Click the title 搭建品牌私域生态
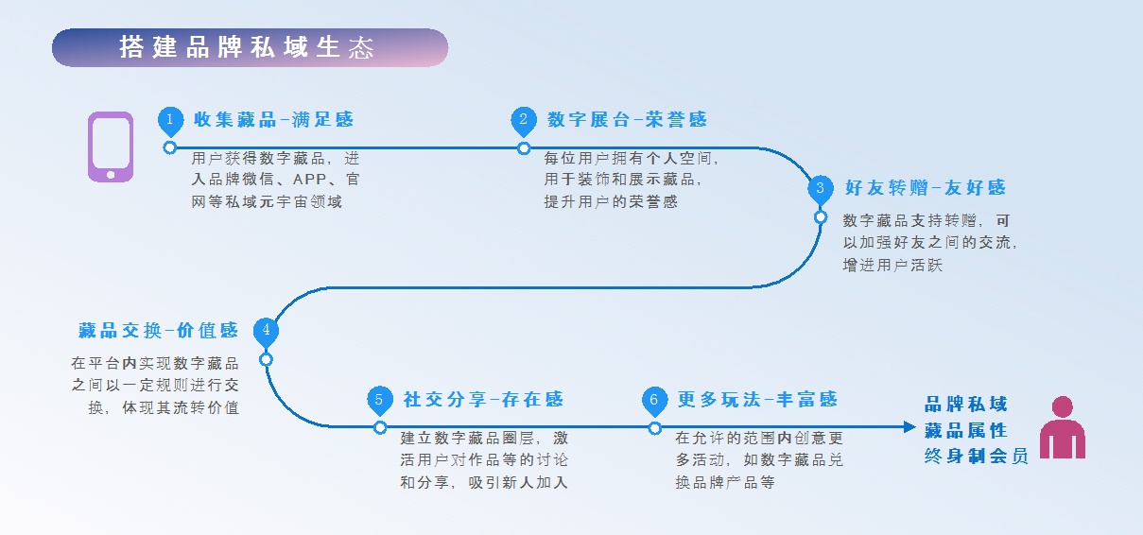click(x=247, y=48)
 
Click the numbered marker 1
click(x=170, y=120)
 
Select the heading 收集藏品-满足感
click(x=273, y=120)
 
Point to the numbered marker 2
click(x=523, y=120)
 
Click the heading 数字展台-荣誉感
click(x=627, y=120)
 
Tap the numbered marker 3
click(x=821, y=187)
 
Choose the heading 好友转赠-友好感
click(x=925, y=188)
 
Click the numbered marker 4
click(x=267, y=330)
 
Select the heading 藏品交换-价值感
click(x=158, y=331)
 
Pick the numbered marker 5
click(x=379, y=399)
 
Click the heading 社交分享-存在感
click(x=483, y=400)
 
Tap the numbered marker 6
click(x=654, y=399)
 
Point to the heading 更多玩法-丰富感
click(x=757, y=400)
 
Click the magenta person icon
click(x=1063, y=428)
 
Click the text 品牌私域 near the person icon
click(x=966, y=405)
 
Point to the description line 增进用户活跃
click(x=892, y=266)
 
